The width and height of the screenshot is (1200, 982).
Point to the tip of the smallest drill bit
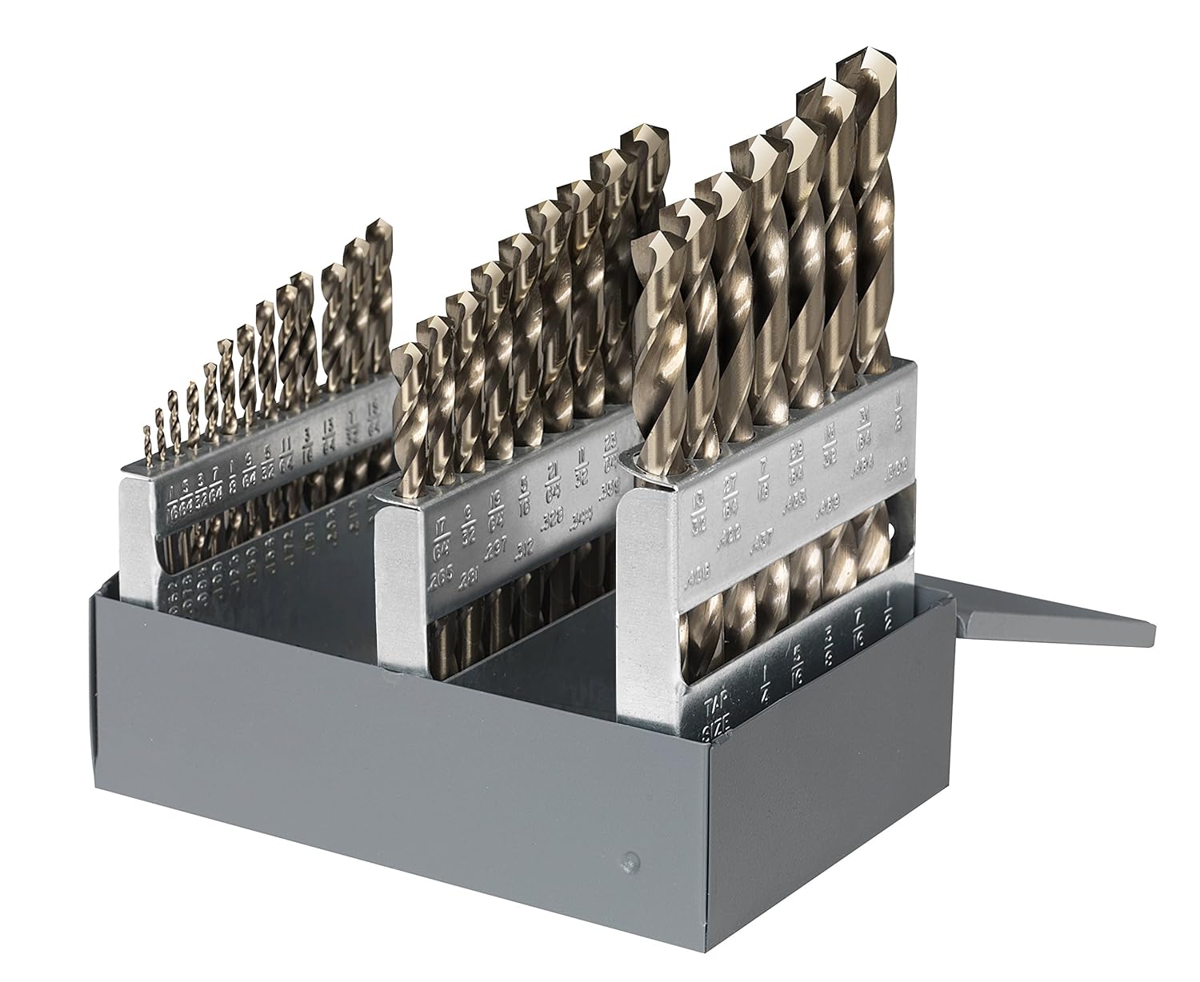146,429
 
